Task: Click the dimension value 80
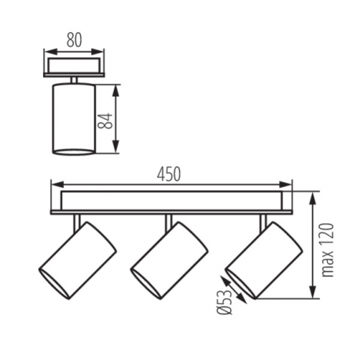pyautogui.click(x=74, y=40)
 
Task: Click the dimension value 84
pyautogui.click(x=105, y=121)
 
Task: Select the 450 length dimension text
pyautogui.click(x=169, y=174)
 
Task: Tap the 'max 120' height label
pyautogui.click(x=328, y=250)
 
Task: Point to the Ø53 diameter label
pyautogui.click(x=225, y=302)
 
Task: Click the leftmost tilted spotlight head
pyautogui.click(x=78, y=260)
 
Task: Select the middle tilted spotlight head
pyautogui.click(x=169, y=260)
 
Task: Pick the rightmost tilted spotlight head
pyautogui.click(x=264, y=260)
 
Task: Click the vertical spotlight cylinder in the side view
pyautogui.click(x=74, y=119)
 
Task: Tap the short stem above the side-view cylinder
pyautogui.click(x=74, y=80)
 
